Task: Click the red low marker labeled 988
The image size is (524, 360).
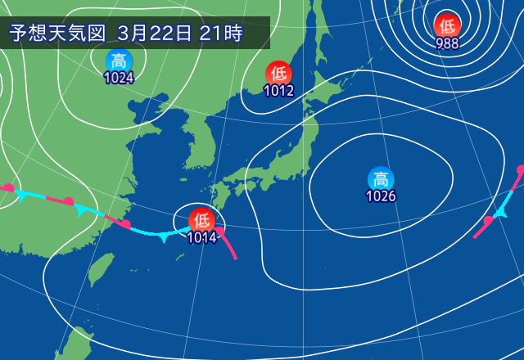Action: tap(447, 25)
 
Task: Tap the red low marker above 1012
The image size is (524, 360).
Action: tap(278, 73)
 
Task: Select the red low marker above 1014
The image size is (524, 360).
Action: tap(201, 220)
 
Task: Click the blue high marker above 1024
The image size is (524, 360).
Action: tap(119, 61)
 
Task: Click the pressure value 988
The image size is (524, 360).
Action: tap(447, 44)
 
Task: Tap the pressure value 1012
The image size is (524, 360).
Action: tap(278, 91)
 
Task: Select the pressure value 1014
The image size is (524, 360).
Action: tap(201, 238)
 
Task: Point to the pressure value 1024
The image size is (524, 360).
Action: tap(119, 79)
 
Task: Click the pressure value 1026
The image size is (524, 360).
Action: tap(381, 196)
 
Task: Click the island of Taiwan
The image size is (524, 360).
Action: tap(102, 269)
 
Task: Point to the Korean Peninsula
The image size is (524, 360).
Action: tap(197, 143)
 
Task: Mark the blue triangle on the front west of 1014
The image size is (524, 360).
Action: tap(164, 236)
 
